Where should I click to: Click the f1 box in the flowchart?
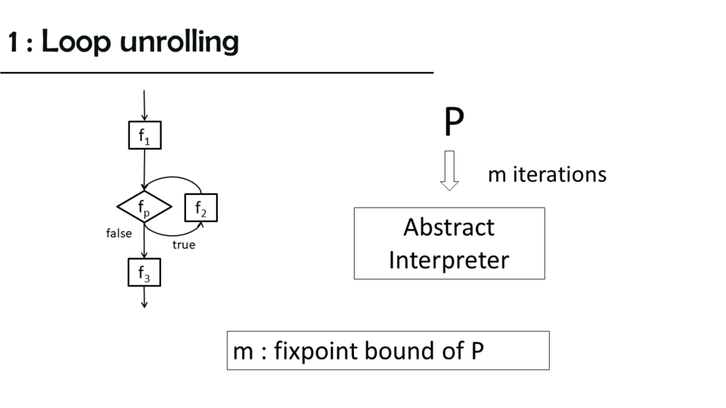(144, 135)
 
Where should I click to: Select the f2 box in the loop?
(200, 207)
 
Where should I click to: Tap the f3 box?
(144, 273)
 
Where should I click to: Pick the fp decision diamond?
(144, 206)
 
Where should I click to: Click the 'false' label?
(119, 233)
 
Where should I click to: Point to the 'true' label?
(183, 245)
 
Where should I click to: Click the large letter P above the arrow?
(453, 122)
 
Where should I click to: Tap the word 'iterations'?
(560, 175)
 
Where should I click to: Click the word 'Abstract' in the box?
(448, 227)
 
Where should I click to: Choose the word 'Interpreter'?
(448, 260)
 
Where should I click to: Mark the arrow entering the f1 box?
(144, 105)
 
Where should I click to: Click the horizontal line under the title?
(216, 73)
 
